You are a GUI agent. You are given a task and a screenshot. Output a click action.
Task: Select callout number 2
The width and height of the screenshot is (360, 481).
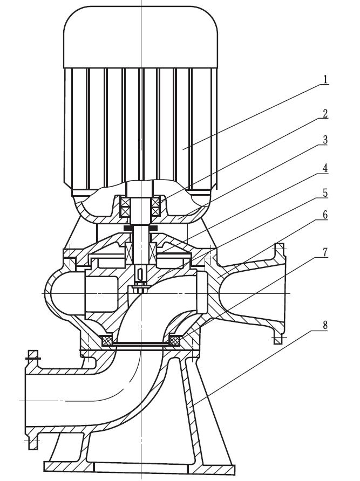point(325,114)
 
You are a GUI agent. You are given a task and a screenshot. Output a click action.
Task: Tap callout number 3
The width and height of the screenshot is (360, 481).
point(325,140)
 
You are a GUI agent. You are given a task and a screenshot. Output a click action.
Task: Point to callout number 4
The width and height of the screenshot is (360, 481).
point(325,168)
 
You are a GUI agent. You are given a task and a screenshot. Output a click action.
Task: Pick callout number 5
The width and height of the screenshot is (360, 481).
point(325,193)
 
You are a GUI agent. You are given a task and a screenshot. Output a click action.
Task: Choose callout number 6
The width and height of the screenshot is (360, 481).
point(325,215)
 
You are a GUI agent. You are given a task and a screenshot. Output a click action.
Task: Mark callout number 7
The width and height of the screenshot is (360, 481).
point(325,252)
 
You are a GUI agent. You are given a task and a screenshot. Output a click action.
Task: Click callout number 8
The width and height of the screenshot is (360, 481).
point(325,325)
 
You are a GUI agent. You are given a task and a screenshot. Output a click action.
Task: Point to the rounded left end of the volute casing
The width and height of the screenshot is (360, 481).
point(51,291)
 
